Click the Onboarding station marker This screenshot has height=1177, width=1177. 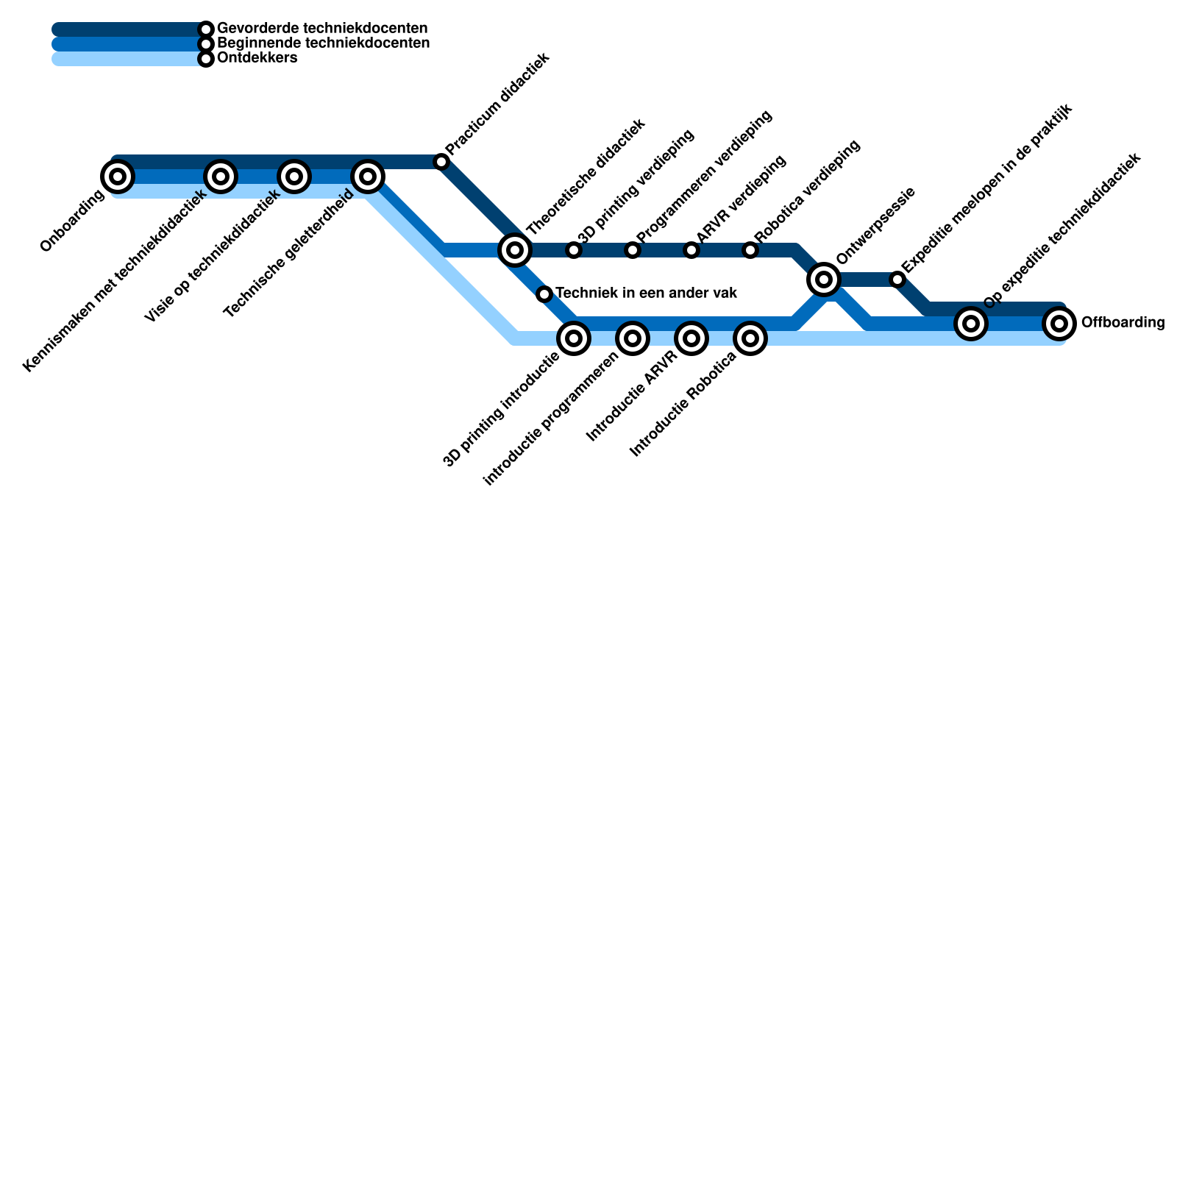coord(118,177)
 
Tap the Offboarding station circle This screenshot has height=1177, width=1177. coord(1059,324)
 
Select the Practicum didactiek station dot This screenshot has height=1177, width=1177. coord(441,162)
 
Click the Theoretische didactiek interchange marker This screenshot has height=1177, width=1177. coord(515,250)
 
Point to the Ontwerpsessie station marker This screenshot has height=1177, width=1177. coord(824,280)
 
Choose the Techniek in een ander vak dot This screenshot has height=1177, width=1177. coord(544,294)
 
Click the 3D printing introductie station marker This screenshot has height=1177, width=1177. coord(574,338)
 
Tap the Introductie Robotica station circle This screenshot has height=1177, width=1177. coord(750,338)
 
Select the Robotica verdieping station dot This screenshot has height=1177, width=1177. coord(750,250)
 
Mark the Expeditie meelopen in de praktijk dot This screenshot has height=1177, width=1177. coord(897,280)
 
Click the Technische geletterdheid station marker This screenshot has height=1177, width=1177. coord(368,177)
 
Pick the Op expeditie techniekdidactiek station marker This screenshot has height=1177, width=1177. coord(971,323)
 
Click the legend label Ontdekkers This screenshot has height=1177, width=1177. coord(257,58)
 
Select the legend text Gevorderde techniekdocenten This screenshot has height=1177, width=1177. coord(322,29)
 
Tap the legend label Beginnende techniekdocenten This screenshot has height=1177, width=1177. coord(324,43)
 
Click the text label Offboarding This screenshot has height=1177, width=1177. coord(1123,323)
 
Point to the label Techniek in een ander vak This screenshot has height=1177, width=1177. coord(646,294)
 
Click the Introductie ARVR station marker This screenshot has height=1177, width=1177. coord(691,338)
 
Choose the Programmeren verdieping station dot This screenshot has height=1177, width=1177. coord(633,250)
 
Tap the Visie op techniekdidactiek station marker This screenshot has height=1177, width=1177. coord(294,177)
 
